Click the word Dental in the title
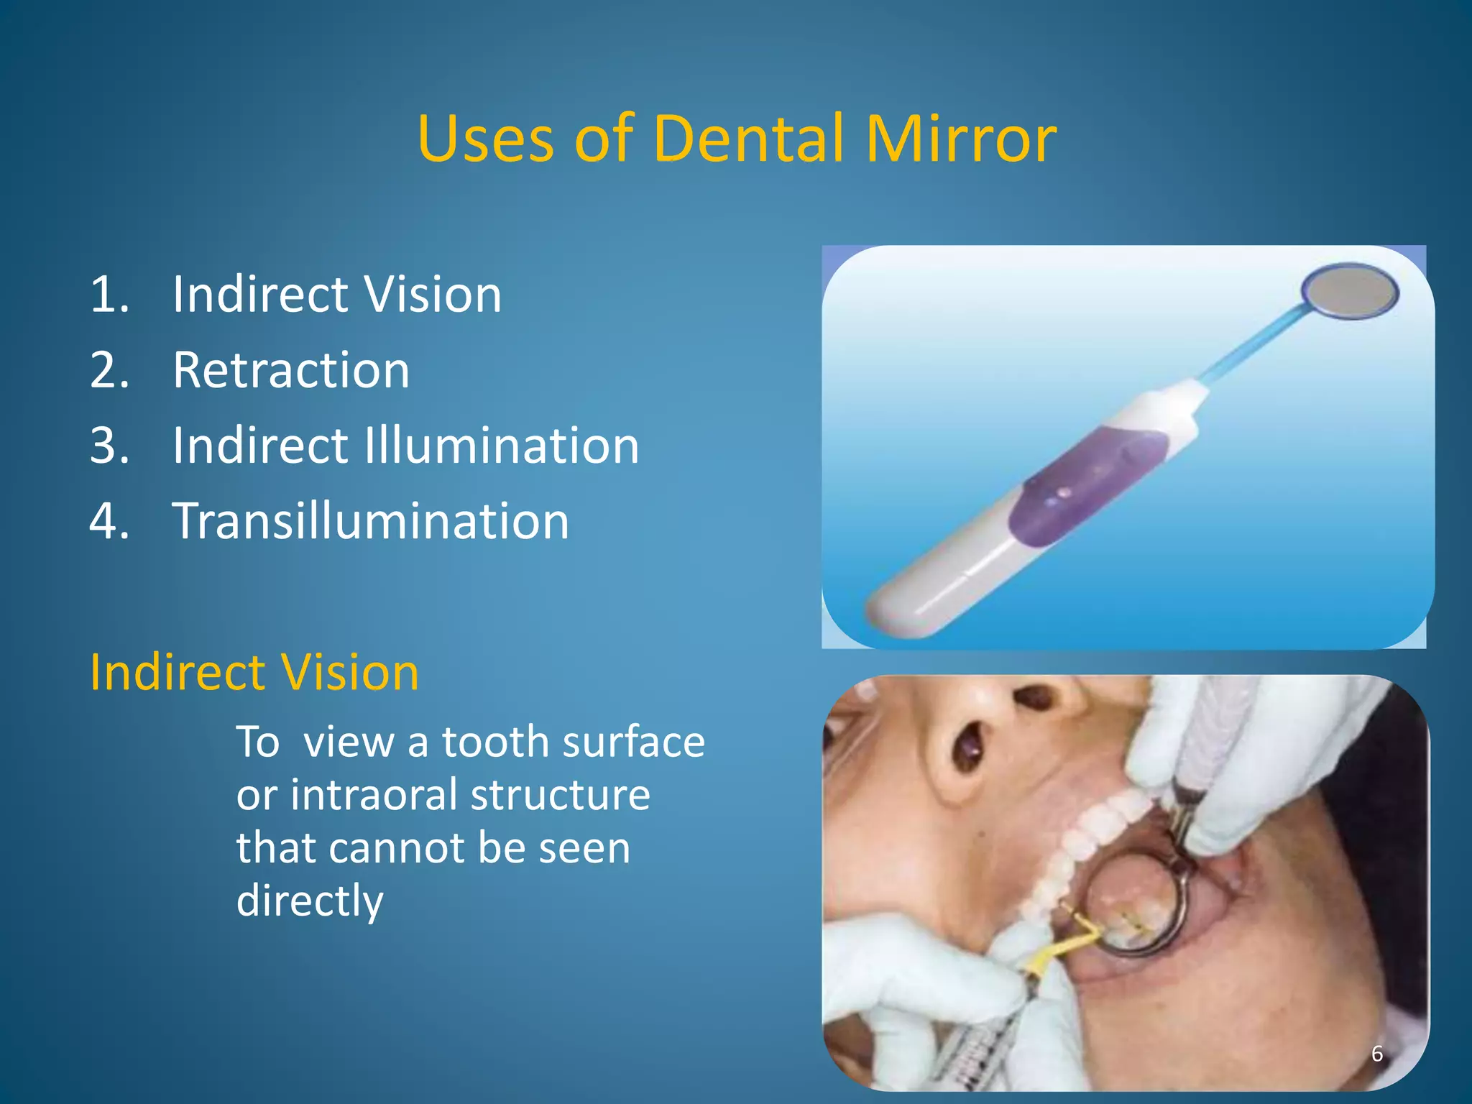[747, 138]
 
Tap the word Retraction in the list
[291, 370]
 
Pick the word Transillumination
[371, 521]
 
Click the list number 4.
[108, 521]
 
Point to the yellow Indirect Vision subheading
[254, 673]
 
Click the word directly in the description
[310, 900]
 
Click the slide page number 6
[1376, 1054]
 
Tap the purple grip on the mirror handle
[1085, 485]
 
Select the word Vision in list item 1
[433, 295]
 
